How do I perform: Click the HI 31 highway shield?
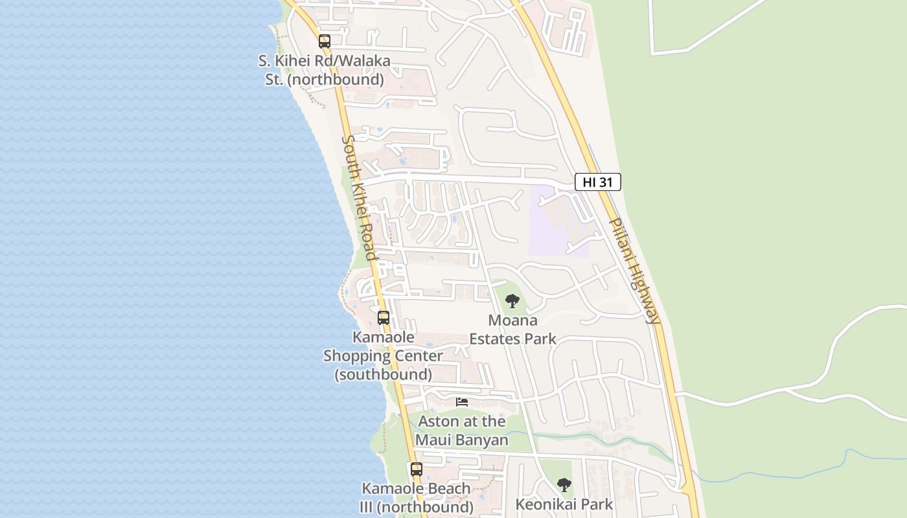(x=597, y=183)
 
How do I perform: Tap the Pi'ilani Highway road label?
(x=636, y=271)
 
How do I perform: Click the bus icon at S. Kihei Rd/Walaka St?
(x=325, y=41)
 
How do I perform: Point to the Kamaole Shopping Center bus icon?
(x=384, y=318)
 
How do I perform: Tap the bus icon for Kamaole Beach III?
(x=417, y=469)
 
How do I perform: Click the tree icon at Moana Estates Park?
(x=512, y=301)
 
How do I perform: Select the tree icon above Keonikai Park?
(x=564, y=485)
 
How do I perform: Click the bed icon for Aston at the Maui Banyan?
(x=462, y=402)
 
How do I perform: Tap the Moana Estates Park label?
(x=512, y=330)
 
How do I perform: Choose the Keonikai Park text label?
(x=564, y=504)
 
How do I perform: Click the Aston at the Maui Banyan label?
(x=462, y=431)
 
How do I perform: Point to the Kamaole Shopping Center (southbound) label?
(x=384, y=355)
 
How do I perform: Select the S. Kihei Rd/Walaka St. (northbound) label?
(x=325, y=70)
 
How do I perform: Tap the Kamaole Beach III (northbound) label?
(x=417, y=497)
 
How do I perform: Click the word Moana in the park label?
(x=512, y=321)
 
